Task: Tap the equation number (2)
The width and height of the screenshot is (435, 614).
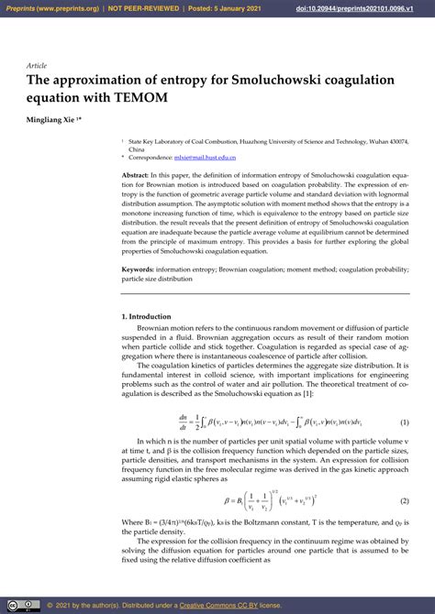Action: click(404, 501)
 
